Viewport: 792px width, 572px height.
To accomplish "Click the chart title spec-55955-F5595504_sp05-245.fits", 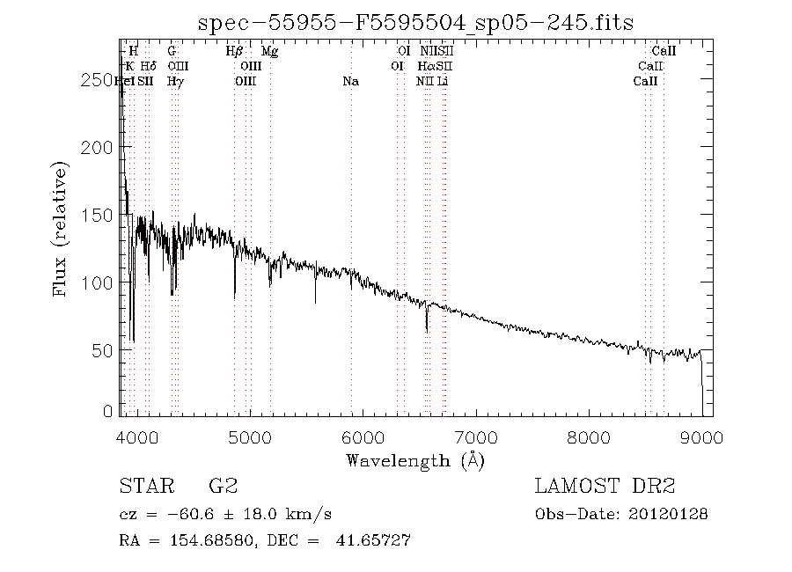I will (x=415, y=23).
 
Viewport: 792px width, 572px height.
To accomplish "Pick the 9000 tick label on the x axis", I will (x=702, y=436).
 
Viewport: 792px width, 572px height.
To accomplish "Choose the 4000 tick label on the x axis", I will (x=136, y=436).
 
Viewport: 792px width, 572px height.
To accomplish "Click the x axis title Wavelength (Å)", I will (x=415, y=459).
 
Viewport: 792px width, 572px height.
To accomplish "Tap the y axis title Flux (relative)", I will (x=61, y=228).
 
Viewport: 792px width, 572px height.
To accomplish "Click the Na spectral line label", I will (x=351, y=81).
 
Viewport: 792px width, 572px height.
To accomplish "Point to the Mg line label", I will (x=270, y=51).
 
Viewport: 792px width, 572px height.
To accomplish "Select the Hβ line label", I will (x=235, y=51).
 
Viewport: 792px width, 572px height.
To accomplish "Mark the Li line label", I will (x=443, y=81).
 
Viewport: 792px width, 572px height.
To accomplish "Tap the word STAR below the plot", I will (x=143, y=487).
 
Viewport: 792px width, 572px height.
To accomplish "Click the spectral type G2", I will (x=222, y=487).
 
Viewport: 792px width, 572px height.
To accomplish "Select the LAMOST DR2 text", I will (x=605, y=487).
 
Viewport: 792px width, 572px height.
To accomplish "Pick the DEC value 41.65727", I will (x=373, y=540).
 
